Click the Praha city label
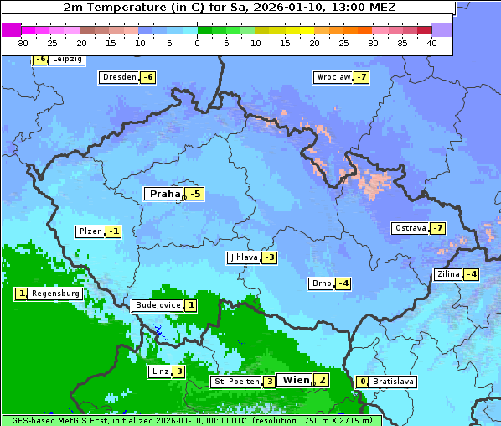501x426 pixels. (x=164, y=194)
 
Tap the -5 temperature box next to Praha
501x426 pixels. (x=195, y=194)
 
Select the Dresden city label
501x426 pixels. (x=118, y=77)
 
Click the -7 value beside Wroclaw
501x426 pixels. (x=361, y=77)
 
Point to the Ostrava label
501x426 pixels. (x=410, y=228)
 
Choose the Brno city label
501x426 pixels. (x=321, y=283)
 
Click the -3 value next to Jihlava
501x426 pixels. (x=269, y=257)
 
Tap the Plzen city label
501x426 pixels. (x=89, y=231)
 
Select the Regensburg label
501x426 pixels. (x=56, y=294)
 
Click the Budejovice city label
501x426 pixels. (x=157, y=305)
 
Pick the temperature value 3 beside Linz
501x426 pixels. (x=178, y=371)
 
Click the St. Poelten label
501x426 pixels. (x=236, y=382)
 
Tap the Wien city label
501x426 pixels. (x=296, y=380)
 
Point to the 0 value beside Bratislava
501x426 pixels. (x=362, y=382)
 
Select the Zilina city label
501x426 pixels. (x=448, y=274)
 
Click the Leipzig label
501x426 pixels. (x=67, y=60)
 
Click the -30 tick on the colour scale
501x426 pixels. (x=22, y=43)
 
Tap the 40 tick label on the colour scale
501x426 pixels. (x=431, y=43)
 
